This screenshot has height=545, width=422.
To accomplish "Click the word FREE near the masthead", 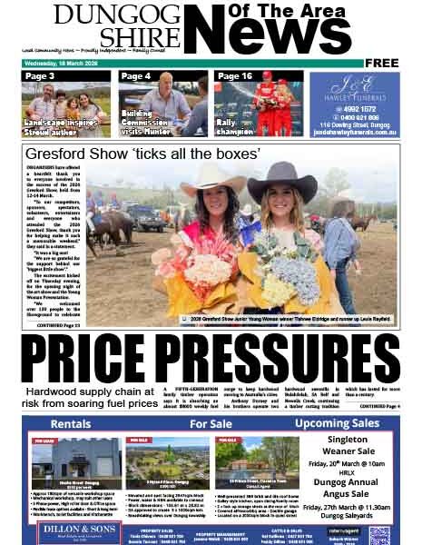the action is (382, 63).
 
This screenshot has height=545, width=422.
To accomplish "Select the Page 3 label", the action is (40, 76).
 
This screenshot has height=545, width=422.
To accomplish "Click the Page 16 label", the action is (235, 76).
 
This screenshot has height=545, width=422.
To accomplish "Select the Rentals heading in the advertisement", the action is (71, 424).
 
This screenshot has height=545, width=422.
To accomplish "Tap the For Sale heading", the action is (211, 424).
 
